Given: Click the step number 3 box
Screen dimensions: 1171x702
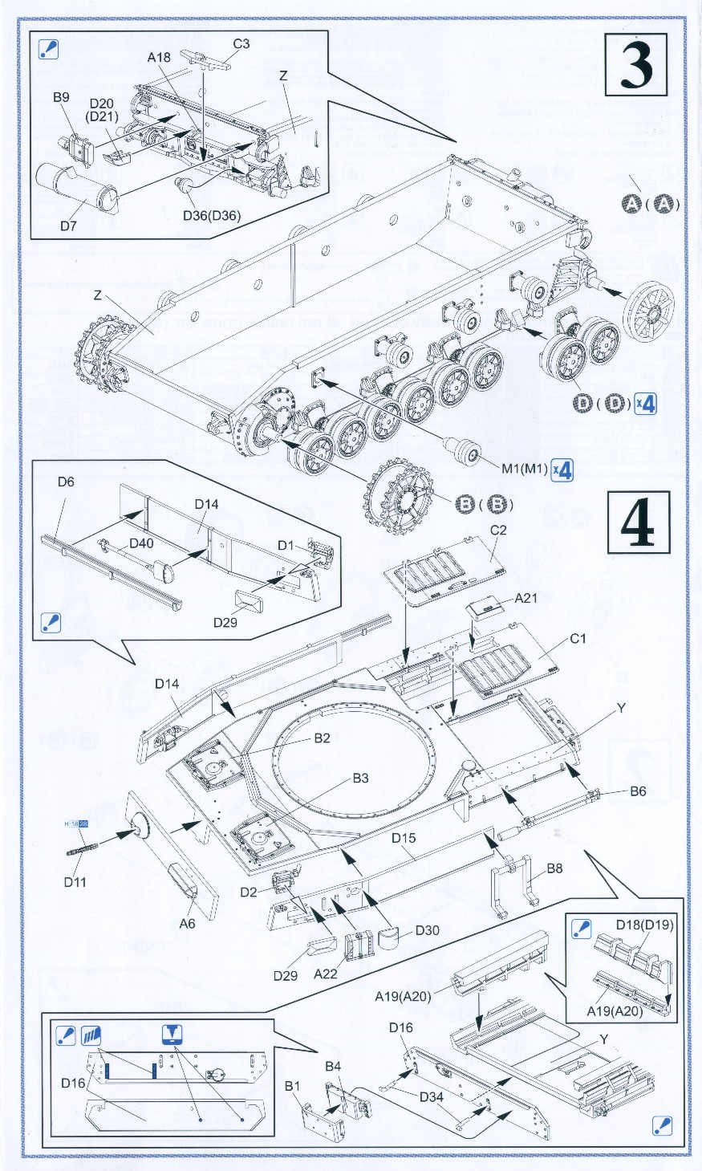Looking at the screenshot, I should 640,67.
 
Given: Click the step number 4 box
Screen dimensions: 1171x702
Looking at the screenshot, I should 640,522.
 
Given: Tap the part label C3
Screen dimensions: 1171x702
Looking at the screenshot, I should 241,44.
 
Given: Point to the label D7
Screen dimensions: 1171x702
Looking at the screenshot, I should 69,226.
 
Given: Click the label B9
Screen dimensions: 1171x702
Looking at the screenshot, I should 62,98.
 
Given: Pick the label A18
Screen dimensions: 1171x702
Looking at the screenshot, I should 160,57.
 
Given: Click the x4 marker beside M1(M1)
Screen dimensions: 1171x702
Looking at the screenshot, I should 564,470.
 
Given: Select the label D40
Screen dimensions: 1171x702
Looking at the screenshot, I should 141,543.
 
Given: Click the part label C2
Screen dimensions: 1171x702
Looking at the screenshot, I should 498,531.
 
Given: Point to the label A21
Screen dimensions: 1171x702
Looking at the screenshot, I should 526,597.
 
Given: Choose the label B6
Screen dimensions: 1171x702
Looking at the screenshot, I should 638,791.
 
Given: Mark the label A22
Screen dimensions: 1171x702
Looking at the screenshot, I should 327,974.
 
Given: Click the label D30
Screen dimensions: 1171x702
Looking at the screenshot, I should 428,931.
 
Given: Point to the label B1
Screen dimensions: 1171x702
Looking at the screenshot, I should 293,1087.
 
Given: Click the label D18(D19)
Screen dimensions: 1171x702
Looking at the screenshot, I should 645,925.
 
